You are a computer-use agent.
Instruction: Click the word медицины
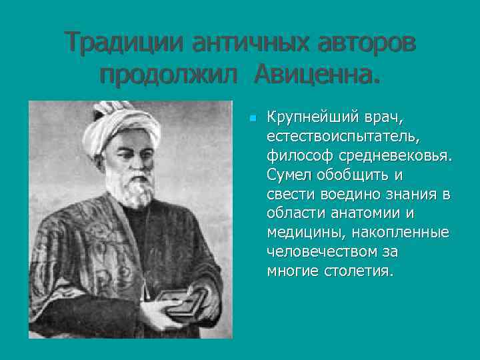(297, 233)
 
